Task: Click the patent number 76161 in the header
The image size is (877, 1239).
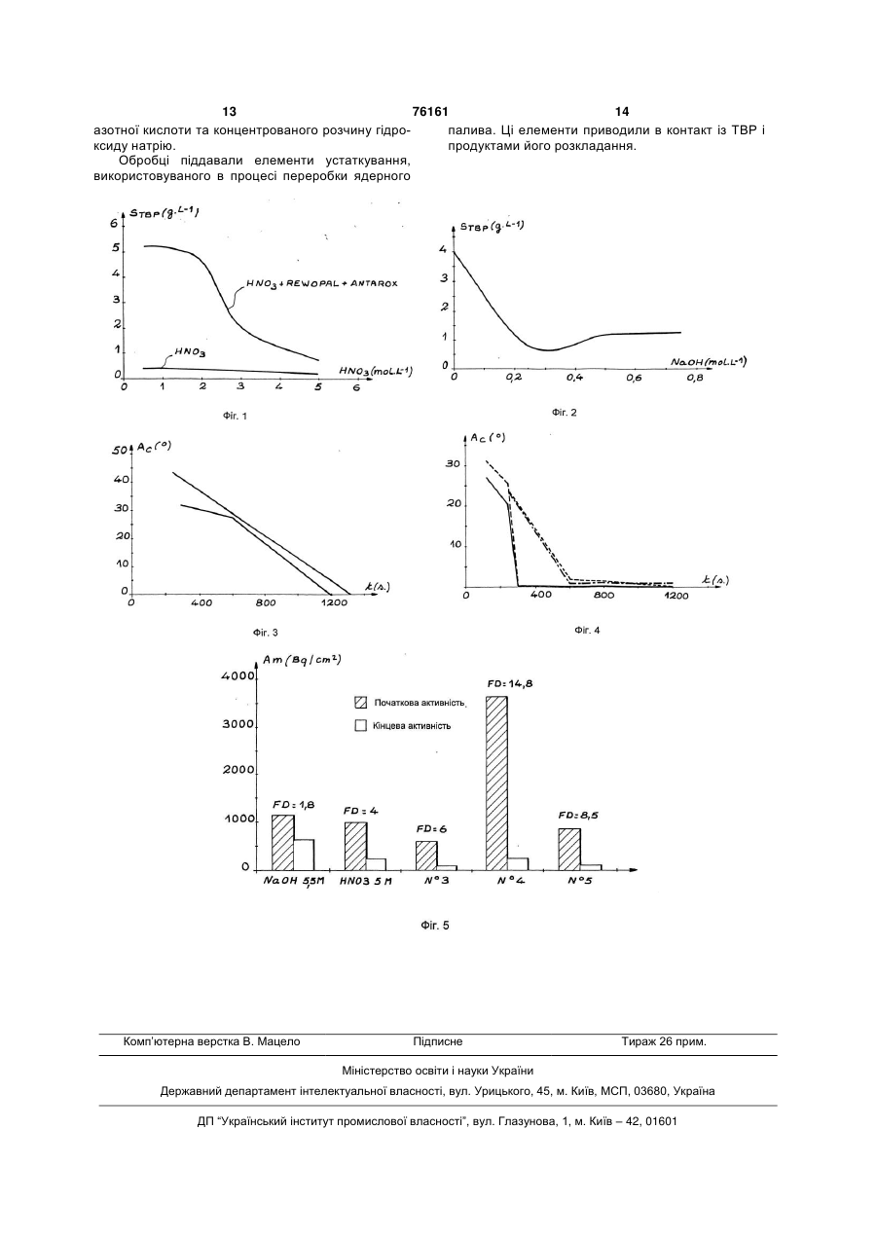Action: pos(430,112)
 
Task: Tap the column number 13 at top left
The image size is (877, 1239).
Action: pos(229,112)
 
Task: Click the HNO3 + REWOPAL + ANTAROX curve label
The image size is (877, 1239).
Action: pos(321,284)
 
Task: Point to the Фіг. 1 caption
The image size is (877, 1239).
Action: pos(235,416)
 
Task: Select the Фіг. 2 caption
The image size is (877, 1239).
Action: pos(564,412)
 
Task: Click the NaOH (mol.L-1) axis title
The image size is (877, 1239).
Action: pos(709,362)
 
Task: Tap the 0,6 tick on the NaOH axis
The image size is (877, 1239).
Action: pos(634,378)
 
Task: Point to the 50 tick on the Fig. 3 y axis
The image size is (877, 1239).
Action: pos(120,451)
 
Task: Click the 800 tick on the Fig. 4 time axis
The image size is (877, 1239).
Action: pos(603,595)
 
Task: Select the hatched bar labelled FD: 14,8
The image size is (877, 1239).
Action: pos(496,783)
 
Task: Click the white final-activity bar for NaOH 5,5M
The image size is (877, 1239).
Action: pos(304,856)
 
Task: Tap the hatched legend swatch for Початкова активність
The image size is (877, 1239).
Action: pos(361,703)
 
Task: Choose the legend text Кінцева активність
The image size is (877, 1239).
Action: pos(412,726)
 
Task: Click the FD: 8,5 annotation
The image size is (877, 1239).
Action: pos(578,816)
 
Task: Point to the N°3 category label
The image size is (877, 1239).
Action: pos(437,881)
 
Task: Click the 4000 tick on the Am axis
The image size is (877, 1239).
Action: pos(238,675)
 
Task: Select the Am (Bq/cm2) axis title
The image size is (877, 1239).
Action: pos(302,660)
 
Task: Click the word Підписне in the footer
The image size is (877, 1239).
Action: pos(438,1041)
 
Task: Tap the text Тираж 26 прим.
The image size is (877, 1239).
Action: pos(664,1041)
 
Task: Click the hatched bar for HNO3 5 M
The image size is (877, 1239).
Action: pos(356,847)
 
